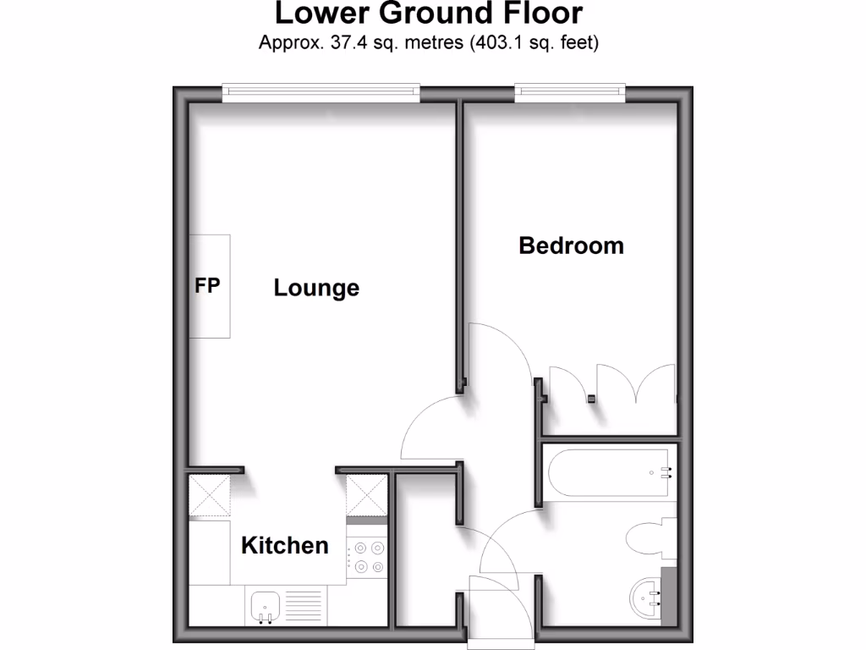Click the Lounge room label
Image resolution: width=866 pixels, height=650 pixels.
(316, 289)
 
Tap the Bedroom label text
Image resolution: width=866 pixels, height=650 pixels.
(571, 245)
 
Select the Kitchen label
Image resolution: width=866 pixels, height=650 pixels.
(284, 545)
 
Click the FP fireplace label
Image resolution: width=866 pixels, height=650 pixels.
(208, 286)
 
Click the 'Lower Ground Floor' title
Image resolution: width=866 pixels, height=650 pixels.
(429, 14)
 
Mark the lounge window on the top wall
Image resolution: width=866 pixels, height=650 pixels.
(321, 92)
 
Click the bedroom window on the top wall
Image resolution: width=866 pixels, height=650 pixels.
(571, 92)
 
